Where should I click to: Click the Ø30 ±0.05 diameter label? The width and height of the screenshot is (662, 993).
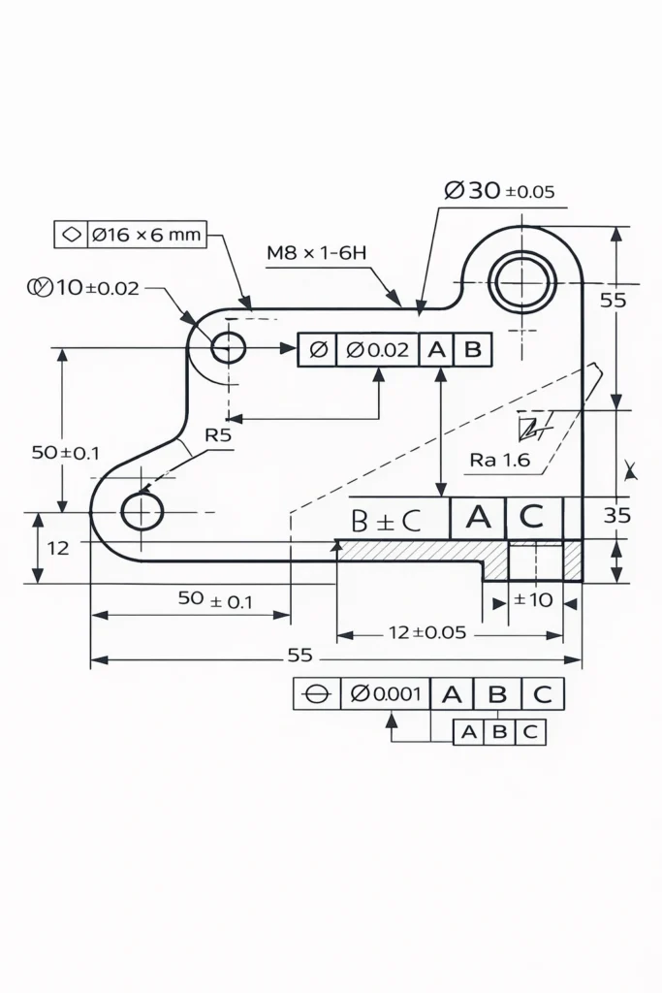[500, 191]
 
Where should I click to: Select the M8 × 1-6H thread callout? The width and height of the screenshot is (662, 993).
[317, 253]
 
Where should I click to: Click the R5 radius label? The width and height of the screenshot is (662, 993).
[218, 435]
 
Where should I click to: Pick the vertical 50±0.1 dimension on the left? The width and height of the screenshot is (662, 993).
[65, 452]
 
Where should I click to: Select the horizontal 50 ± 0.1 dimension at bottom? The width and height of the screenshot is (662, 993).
[215, 600]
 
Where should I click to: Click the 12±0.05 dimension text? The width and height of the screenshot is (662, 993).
[427, 632]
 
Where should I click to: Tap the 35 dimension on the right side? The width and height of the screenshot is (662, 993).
[616, 515]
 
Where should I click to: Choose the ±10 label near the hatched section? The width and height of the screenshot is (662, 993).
[532, 599]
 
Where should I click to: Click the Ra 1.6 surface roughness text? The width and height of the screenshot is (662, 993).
[500, 460]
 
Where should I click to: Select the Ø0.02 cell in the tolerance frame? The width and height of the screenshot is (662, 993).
[377, 350]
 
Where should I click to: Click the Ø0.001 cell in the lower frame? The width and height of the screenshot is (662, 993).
[385, 693]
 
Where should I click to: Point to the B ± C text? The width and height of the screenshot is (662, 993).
[386, 521]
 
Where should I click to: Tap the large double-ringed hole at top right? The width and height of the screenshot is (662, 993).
[522, 283]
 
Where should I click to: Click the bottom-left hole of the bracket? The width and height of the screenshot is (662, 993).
[142, 511]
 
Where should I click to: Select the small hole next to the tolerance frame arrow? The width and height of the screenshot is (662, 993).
[229, 346]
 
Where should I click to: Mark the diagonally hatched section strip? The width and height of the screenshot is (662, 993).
[417, 551]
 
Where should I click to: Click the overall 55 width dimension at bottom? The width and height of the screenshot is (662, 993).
[300, 656]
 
